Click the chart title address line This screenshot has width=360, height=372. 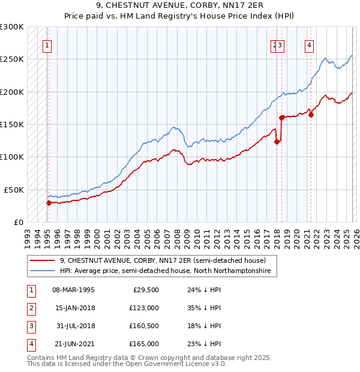click(x=180, y=7)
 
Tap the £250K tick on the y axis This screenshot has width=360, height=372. click(x=12, y=59)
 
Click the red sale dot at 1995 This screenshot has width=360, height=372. click(x=49, y=203)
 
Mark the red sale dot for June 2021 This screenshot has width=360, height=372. click(x=311, y=115)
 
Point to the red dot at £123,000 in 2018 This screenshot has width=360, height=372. click(x=277, y=142)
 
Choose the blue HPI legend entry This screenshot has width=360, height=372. click(x=165, y=271)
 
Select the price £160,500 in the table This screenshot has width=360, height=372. click(x=144, y=326)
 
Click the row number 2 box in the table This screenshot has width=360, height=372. click(x=31, y=308)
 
